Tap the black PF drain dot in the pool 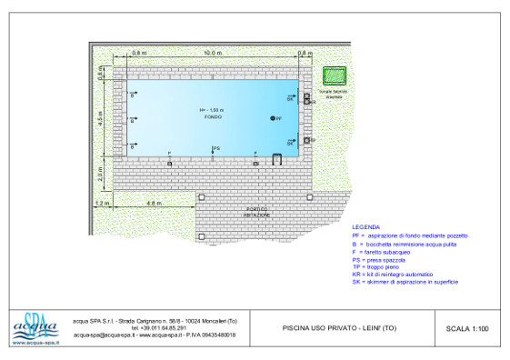pos(271,119)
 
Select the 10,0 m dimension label pos(211,54)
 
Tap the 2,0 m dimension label pos(102,170)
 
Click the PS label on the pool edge pos(215,147)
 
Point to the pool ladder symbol pos(275,158)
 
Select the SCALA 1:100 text pos(467,328)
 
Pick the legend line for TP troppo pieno pos(383,266)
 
